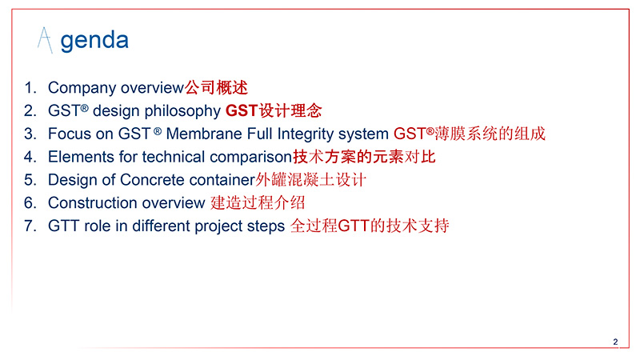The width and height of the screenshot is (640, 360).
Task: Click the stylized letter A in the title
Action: [x=45, y=40]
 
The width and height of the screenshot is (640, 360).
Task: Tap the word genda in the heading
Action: [x=94, y=42]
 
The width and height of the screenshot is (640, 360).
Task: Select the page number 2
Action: [x=615, y=342]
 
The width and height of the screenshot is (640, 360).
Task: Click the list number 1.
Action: [x=30, y=88]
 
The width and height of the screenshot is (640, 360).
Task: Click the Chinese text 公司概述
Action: [x=216, y=88]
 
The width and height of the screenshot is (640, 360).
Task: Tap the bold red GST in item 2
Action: [x=242, y=111]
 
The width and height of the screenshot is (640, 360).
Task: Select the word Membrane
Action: [x=204, y=134]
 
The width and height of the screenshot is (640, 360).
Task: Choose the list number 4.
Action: [x=30, y=157]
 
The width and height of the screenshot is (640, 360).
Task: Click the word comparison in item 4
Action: [x=250, y=158]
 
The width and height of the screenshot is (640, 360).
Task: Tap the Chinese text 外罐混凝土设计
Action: [x=311, y=180]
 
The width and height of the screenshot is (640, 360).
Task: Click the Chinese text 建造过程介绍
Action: [x=258, y=203]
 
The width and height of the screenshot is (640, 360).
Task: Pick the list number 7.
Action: [x=30, y=226]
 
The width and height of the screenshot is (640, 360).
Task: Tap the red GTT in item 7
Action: [x=354, y=226]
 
